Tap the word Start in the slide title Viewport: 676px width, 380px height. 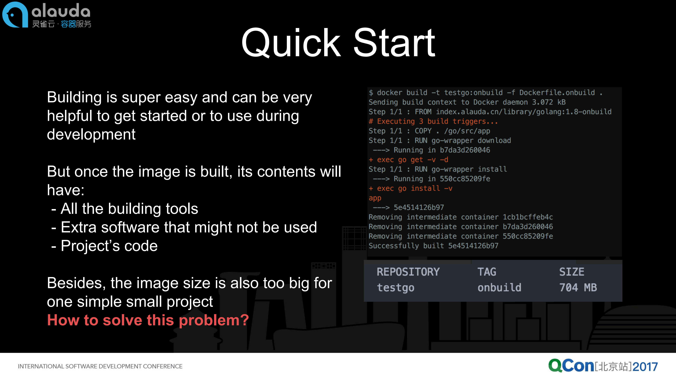pyautogui.click(x=394, y=43)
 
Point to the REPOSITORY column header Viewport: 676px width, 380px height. pyautogui.click(x=408, y=272)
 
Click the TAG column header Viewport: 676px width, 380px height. pyautogui.click(x=487, y=272)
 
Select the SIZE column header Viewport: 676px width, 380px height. pyautogui.click(x=572, y=272)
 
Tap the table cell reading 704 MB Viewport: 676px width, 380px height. pyautogui.click(x=578, y=287)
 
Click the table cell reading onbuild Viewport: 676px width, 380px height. pyautogui.click(x=499, y=287)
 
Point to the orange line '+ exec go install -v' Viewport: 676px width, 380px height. pyautogui.click(x=410, y=188)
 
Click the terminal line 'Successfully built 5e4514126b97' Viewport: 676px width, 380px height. pyautogui.click(x=433, y=246)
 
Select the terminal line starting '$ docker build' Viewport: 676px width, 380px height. pyautogui.click(x=485, y=93)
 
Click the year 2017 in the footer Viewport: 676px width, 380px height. pyautogui.click(x=645, y=366)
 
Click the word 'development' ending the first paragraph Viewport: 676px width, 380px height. pyautogui.click(x=91, y=134)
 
